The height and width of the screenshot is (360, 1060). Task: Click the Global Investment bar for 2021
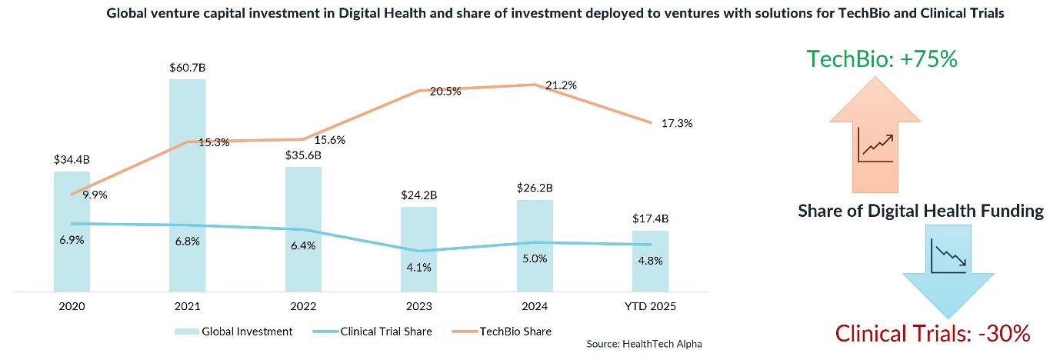point(187,185)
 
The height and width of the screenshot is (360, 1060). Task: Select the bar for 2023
point(418,249)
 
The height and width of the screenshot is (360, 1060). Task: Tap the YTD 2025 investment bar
point(650,262)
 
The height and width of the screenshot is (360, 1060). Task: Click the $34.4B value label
point(72,160)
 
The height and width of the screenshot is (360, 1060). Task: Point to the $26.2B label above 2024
point(535,188)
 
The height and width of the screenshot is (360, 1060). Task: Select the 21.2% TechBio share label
point(562,85)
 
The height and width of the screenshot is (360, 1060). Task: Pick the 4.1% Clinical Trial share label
point(418,267)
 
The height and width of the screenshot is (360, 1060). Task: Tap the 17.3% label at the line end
point(677,123)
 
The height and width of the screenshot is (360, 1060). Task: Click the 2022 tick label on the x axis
point(302,305)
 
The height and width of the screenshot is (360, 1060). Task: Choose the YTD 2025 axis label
point(650,305)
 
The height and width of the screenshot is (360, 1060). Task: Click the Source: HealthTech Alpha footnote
point(644,344)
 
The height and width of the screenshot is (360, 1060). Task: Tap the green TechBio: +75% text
point(882,58)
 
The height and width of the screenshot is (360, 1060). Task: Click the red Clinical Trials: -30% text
point(932,334)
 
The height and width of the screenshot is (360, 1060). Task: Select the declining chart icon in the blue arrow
point(948,256)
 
